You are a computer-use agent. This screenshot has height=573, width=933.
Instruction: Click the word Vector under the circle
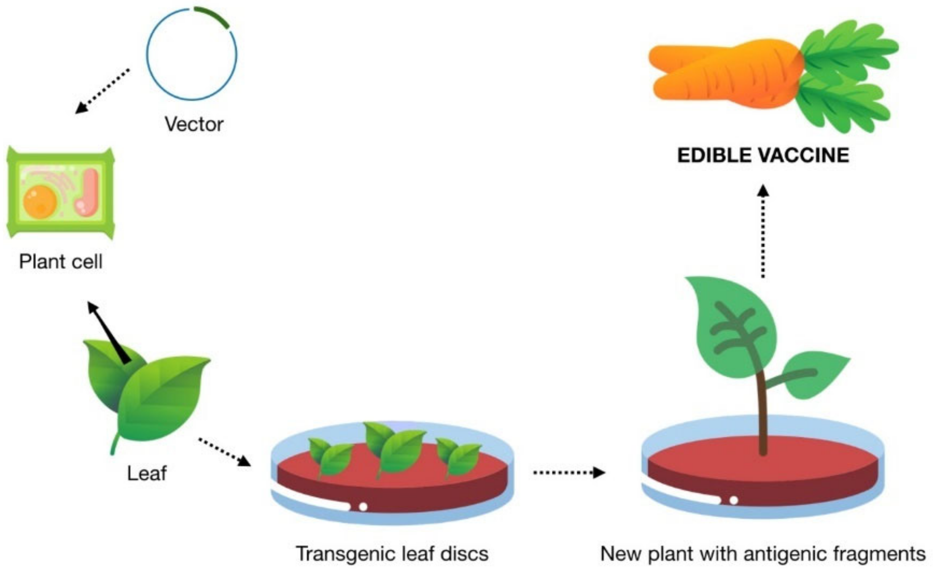[x=194, y=124]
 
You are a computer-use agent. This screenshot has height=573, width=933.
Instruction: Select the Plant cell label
[x=61, y=262]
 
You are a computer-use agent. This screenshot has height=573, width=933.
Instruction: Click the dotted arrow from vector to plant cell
[x=102, y=91]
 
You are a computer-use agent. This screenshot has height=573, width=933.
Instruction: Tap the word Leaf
[x=147, y=474]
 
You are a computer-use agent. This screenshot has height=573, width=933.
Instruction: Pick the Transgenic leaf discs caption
[x=392, y=554]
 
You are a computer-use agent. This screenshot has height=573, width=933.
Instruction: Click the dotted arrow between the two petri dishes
[x=569, y=472]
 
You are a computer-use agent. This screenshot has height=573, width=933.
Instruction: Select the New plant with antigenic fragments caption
[x=763, y=554]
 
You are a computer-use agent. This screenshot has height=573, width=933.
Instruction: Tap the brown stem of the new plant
[x=762, y=413]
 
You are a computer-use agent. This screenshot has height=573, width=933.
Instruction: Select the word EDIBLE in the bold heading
[x=714, y=155]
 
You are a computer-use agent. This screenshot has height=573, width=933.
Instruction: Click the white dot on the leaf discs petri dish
[x=363, y=506]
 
